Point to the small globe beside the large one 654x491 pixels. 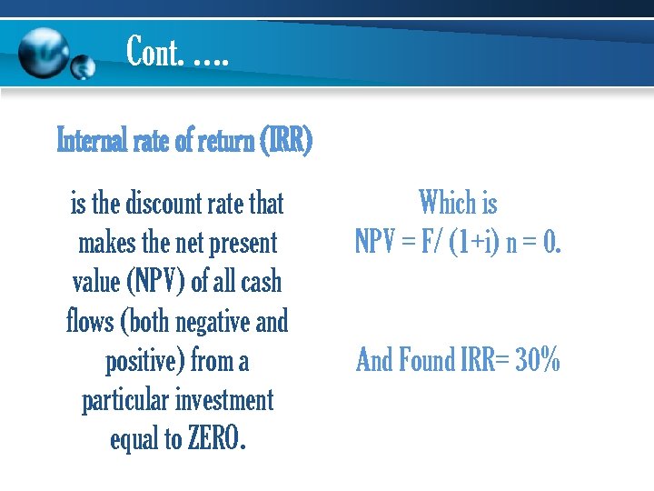point(84,66)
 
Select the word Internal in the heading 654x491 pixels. point(87,142)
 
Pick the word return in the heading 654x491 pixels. point(222,142)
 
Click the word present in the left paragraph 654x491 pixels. point(243,243)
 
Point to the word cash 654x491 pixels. point(260,282)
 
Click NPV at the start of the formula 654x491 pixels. point(372,242)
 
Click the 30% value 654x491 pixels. point(538,361)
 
